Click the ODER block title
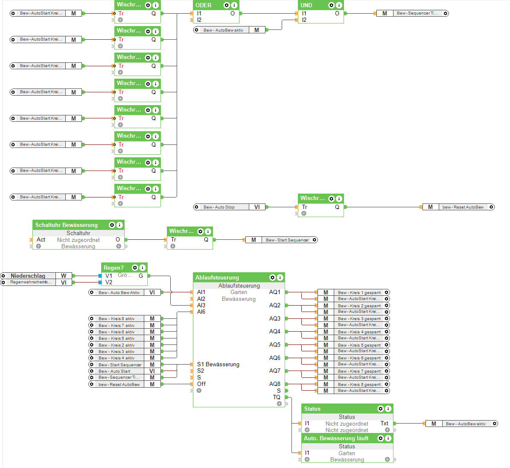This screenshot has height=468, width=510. pyautogui.click(x=204, y=5)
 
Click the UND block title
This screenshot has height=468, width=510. pyautogui.click(x=306, y=5)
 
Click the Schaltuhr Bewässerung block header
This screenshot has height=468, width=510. pyautogui.click(x=67, y=225)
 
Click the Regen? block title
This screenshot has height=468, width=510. pyautogui.click(x=114, y=268)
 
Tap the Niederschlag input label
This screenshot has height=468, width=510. pyautogui.click(x=28, y=276)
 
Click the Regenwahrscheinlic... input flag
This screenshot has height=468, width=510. pyautogui.click(x=31, y=282)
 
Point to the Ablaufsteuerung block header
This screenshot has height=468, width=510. pyautogui.click(x=217, y=277)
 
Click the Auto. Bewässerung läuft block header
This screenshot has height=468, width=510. pyautogui.click(x=336, y=438)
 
